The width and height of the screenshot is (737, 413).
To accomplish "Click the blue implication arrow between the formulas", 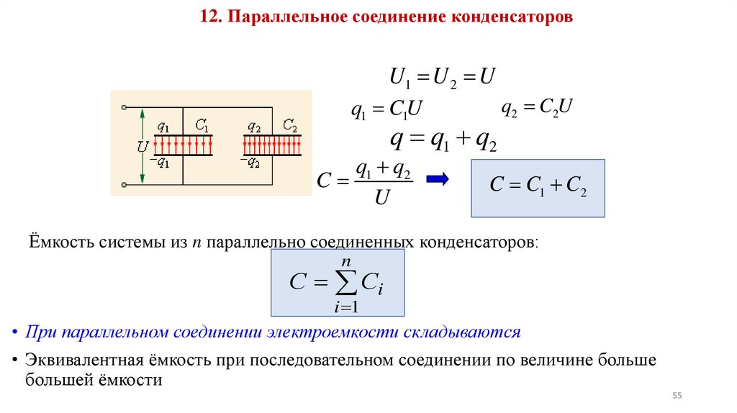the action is point(438,179).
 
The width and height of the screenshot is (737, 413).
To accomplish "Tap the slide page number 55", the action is point(677,396).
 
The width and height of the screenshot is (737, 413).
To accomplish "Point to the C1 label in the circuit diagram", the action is point(202,126).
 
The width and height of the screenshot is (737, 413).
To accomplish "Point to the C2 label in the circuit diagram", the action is point(290,125).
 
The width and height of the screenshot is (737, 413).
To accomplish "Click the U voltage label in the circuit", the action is point(143,146).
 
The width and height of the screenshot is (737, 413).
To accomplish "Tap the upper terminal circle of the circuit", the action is point(125,107).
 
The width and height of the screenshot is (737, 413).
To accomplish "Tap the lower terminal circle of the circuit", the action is point(125,184).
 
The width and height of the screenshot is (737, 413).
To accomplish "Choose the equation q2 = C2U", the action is point(536,108).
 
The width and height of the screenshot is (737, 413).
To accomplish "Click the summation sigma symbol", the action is point(345,283).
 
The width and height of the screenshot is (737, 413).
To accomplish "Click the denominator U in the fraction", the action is point(382,198).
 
